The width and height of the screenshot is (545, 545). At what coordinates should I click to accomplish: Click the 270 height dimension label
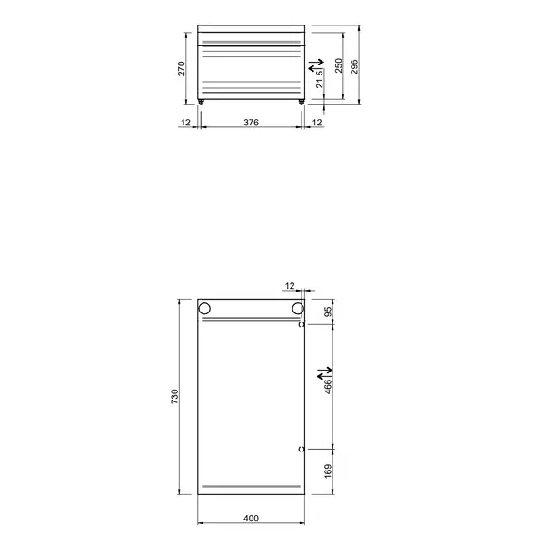(182, 69)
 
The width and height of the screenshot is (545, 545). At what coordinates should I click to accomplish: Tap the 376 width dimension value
(252, 121)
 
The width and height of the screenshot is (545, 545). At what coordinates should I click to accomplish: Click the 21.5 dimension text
(321, 83)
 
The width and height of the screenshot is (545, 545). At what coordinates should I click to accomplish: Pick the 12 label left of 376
(185, 121)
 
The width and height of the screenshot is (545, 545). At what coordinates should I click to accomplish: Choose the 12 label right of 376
(317, 121)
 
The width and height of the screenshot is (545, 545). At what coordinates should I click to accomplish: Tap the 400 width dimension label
(252, 518)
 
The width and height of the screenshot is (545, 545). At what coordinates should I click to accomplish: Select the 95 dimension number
(329, 310)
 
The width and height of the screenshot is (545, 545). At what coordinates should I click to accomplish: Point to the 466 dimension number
(329, 386)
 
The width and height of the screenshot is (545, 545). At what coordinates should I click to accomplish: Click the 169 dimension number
(329, 471)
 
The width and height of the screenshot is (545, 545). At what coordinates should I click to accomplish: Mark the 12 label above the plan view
(291, 286)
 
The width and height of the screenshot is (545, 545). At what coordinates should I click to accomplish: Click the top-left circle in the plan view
(204, 308)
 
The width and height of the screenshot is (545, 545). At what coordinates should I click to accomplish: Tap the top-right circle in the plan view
(296, 308)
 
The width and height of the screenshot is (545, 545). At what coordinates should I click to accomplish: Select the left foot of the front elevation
(203, 103)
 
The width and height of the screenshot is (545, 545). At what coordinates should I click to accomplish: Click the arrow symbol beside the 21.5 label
(314, 67)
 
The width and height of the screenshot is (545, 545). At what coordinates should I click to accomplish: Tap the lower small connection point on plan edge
(302, 449)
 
